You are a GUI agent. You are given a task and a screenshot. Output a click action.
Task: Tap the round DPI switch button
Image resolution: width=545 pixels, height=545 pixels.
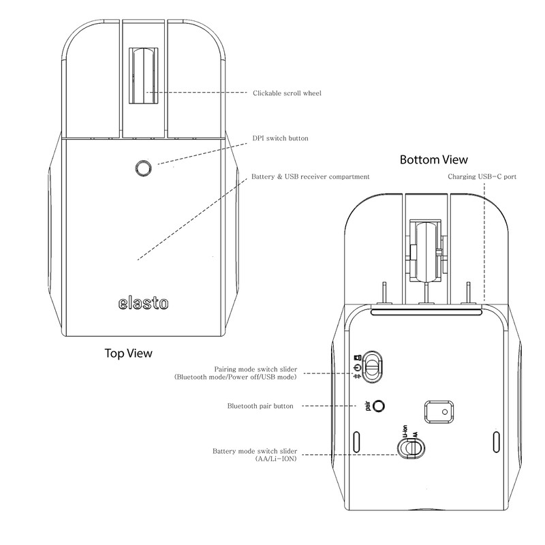(x=143, y=167)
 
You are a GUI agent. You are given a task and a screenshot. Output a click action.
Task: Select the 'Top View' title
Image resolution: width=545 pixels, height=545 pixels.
(x=128, y=353)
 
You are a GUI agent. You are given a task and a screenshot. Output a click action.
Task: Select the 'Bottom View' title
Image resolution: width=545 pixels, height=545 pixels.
(x=433, y=160)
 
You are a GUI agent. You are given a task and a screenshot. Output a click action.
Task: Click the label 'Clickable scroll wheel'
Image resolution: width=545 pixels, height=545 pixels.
(x=287, y=93)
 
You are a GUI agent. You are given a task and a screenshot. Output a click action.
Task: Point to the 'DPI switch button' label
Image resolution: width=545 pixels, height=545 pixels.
(x=280, y=138)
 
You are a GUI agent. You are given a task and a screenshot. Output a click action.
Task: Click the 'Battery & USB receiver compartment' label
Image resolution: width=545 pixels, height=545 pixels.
(x=311, y=176)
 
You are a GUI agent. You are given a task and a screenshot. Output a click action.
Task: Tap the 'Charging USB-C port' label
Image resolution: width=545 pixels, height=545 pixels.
(x=482, y=176)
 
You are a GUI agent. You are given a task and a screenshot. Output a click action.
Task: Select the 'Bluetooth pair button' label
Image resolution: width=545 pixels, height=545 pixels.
(x=260, y=406)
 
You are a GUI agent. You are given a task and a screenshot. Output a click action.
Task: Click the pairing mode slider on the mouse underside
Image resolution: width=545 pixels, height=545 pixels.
(x=373, y=366)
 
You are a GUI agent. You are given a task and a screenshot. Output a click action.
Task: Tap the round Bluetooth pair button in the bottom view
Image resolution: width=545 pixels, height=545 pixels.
(x=379, y=405)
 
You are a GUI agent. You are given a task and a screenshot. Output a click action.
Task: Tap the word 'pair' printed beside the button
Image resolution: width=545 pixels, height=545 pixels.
(x=367, y=406)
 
